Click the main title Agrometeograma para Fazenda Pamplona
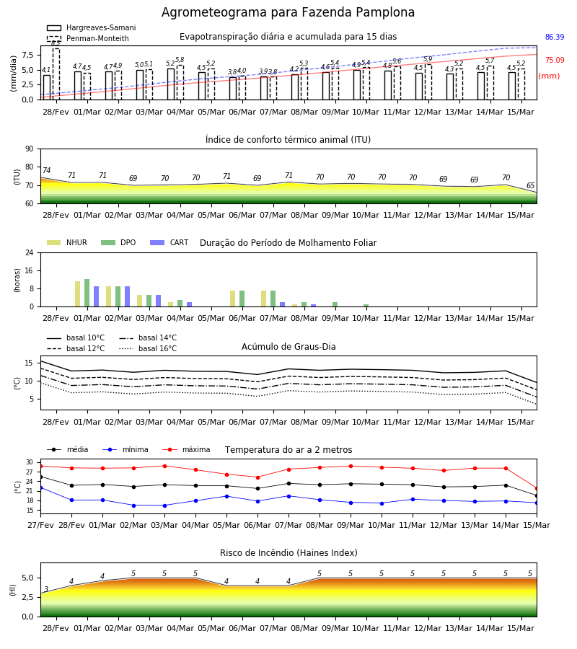point(288,12)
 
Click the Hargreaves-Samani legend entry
point(91,27)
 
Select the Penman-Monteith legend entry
point(88,38)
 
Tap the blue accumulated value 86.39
point(555,37)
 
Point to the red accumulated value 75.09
point(555,60)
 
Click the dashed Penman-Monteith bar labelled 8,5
point(56,74)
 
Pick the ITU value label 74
point(46,170)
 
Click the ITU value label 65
point(530,185)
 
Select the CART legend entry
point(169,242)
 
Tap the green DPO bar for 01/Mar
point(87,293)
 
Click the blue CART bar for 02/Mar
point(127,296)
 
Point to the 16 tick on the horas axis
point(30,270)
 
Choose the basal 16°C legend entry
point(148,348)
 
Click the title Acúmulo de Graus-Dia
point(288,346)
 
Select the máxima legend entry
point(186,449)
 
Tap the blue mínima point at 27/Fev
point(41,488)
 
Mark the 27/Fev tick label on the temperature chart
point(40,525)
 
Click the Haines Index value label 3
point(46,589)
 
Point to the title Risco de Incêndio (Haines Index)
point(288,553)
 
